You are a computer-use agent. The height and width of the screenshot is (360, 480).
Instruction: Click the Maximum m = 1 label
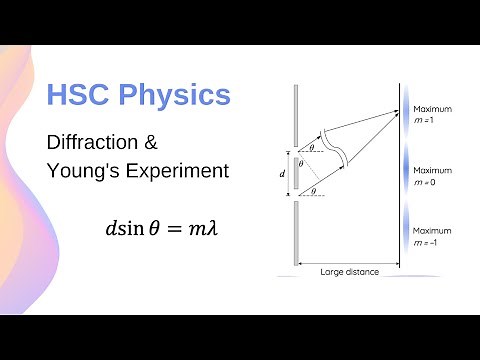pos(432,114)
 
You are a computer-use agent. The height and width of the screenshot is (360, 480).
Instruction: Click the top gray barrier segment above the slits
pos(295,115)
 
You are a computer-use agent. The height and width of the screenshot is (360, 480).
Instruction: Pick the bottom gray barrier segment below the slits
pos(295,232)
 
